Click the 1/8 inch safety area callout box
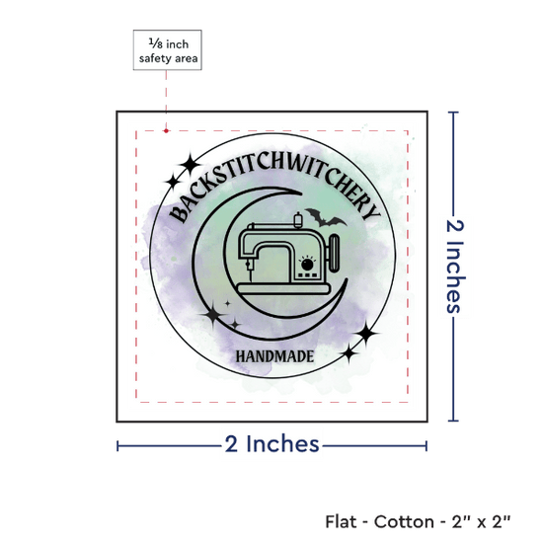click(167, 50)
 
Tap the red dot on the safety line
click(166, 131)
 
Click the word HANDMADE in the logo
click(275, 356)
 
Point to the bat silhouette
click(325, 217)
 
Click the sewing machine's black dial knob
click(307, 265)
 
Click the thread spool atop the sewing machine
click(297, 220)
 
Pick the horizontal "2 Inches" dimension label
click(271, 444)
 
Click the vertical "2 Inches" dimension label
click(455, 267)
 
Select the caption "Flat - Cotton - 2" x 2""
click(418, 521)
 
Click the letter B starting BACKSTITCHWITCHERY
click(179, 214)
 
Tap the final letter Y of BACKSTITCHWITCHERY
click(372, 212)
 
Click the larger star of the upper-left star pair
click(191, 164)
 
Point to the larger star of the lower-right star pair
click(365, 333)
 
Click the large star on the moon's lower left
click(212, 314)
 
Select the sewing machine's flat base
click(283, 289)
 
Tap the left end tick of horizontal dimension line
click(117, 446)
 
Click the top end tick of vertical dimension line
click(453, 113)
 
